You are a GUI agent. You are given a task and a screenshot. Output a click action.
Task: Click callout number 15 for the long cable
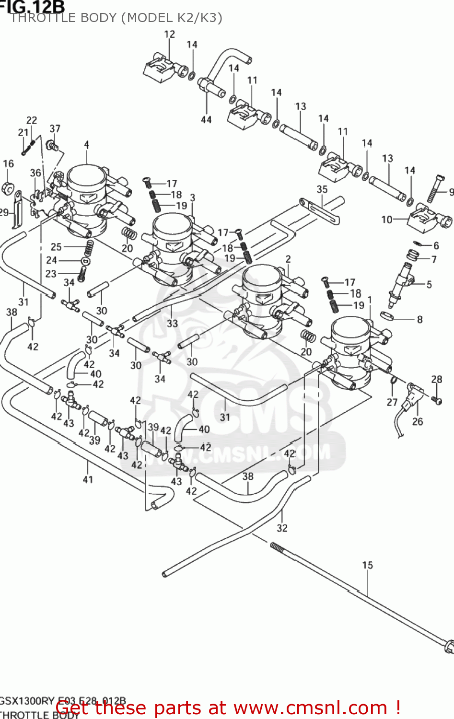point(367,565)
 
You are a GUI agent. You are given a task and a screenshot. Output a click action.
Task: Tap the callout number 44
point(206,119)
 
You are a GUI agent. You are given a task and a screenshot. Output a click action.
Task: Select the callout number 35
point(322,189)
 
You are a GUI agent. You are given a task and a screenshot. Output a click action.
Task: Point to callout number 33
point(173,324)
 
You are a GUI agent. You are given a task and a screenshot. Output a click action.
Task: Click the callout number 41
point(88,479)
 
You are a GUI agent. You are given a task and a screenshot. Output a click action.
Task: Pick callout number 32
point(282,528)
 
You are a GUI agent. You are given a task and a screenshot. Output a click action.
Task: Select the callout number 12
point(170,34)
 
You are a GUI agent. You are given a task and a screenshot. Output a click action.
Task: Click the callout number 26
point(418,421)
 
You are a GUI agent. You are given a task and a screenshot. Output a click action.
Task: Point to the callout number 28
point(437,379)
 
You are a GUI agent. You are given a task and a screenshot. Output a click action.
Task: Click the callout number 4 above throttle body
point(86,144)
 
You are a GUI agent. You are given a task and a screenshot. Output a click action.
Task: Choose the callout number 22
point(32,120)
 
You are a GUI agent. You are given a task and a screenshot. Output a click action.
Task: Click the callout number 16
point(9,164)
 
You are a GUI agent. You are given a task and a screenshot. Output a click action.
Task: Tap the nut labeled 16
point(8,188)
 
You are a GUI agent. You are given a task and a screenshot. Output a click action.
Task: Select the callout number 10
point(387,220)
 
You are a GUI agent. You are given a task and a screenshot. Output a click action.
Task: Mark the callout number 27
point(392,402)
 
